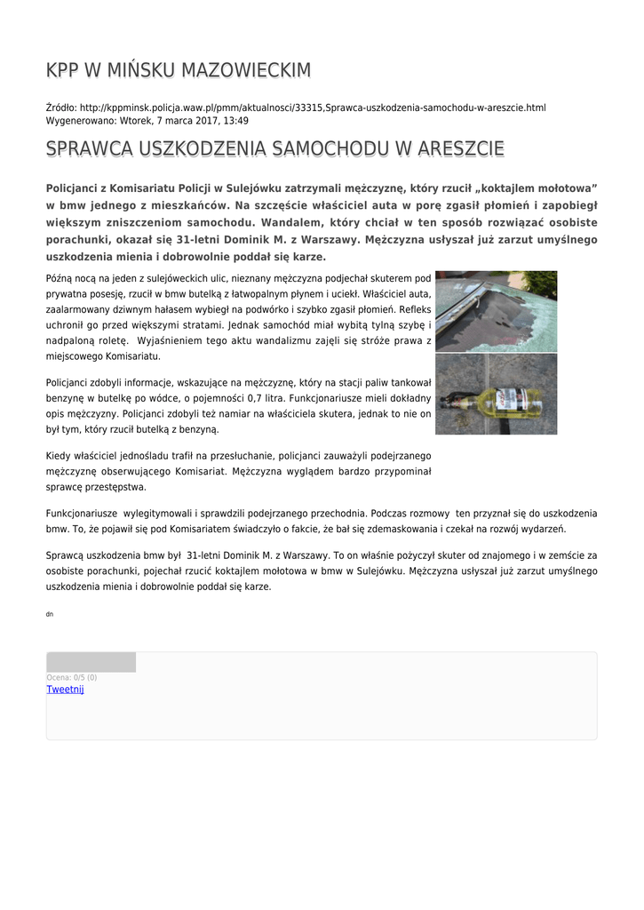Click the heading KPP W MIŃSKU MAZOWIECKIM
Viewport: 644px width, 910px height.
click(179, 70)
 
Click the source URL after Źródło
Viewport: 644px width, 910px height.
click(313, 108)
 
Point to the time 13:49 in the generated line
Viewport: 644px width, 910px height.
click(235, 120)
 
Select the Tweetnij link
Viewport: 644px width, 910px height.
click(65, 690)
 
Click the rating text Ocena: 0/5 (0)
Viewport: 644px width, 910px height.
click(72, 677)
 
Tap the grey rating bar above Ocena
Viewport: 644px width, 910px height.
click(91, 662)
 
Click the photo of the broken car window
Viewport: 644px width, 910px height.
click(496, 311)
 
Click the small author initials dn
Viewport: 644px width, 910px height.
click(50, 614)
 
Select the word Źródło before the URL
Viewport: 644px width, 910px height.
click(60, 108)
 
